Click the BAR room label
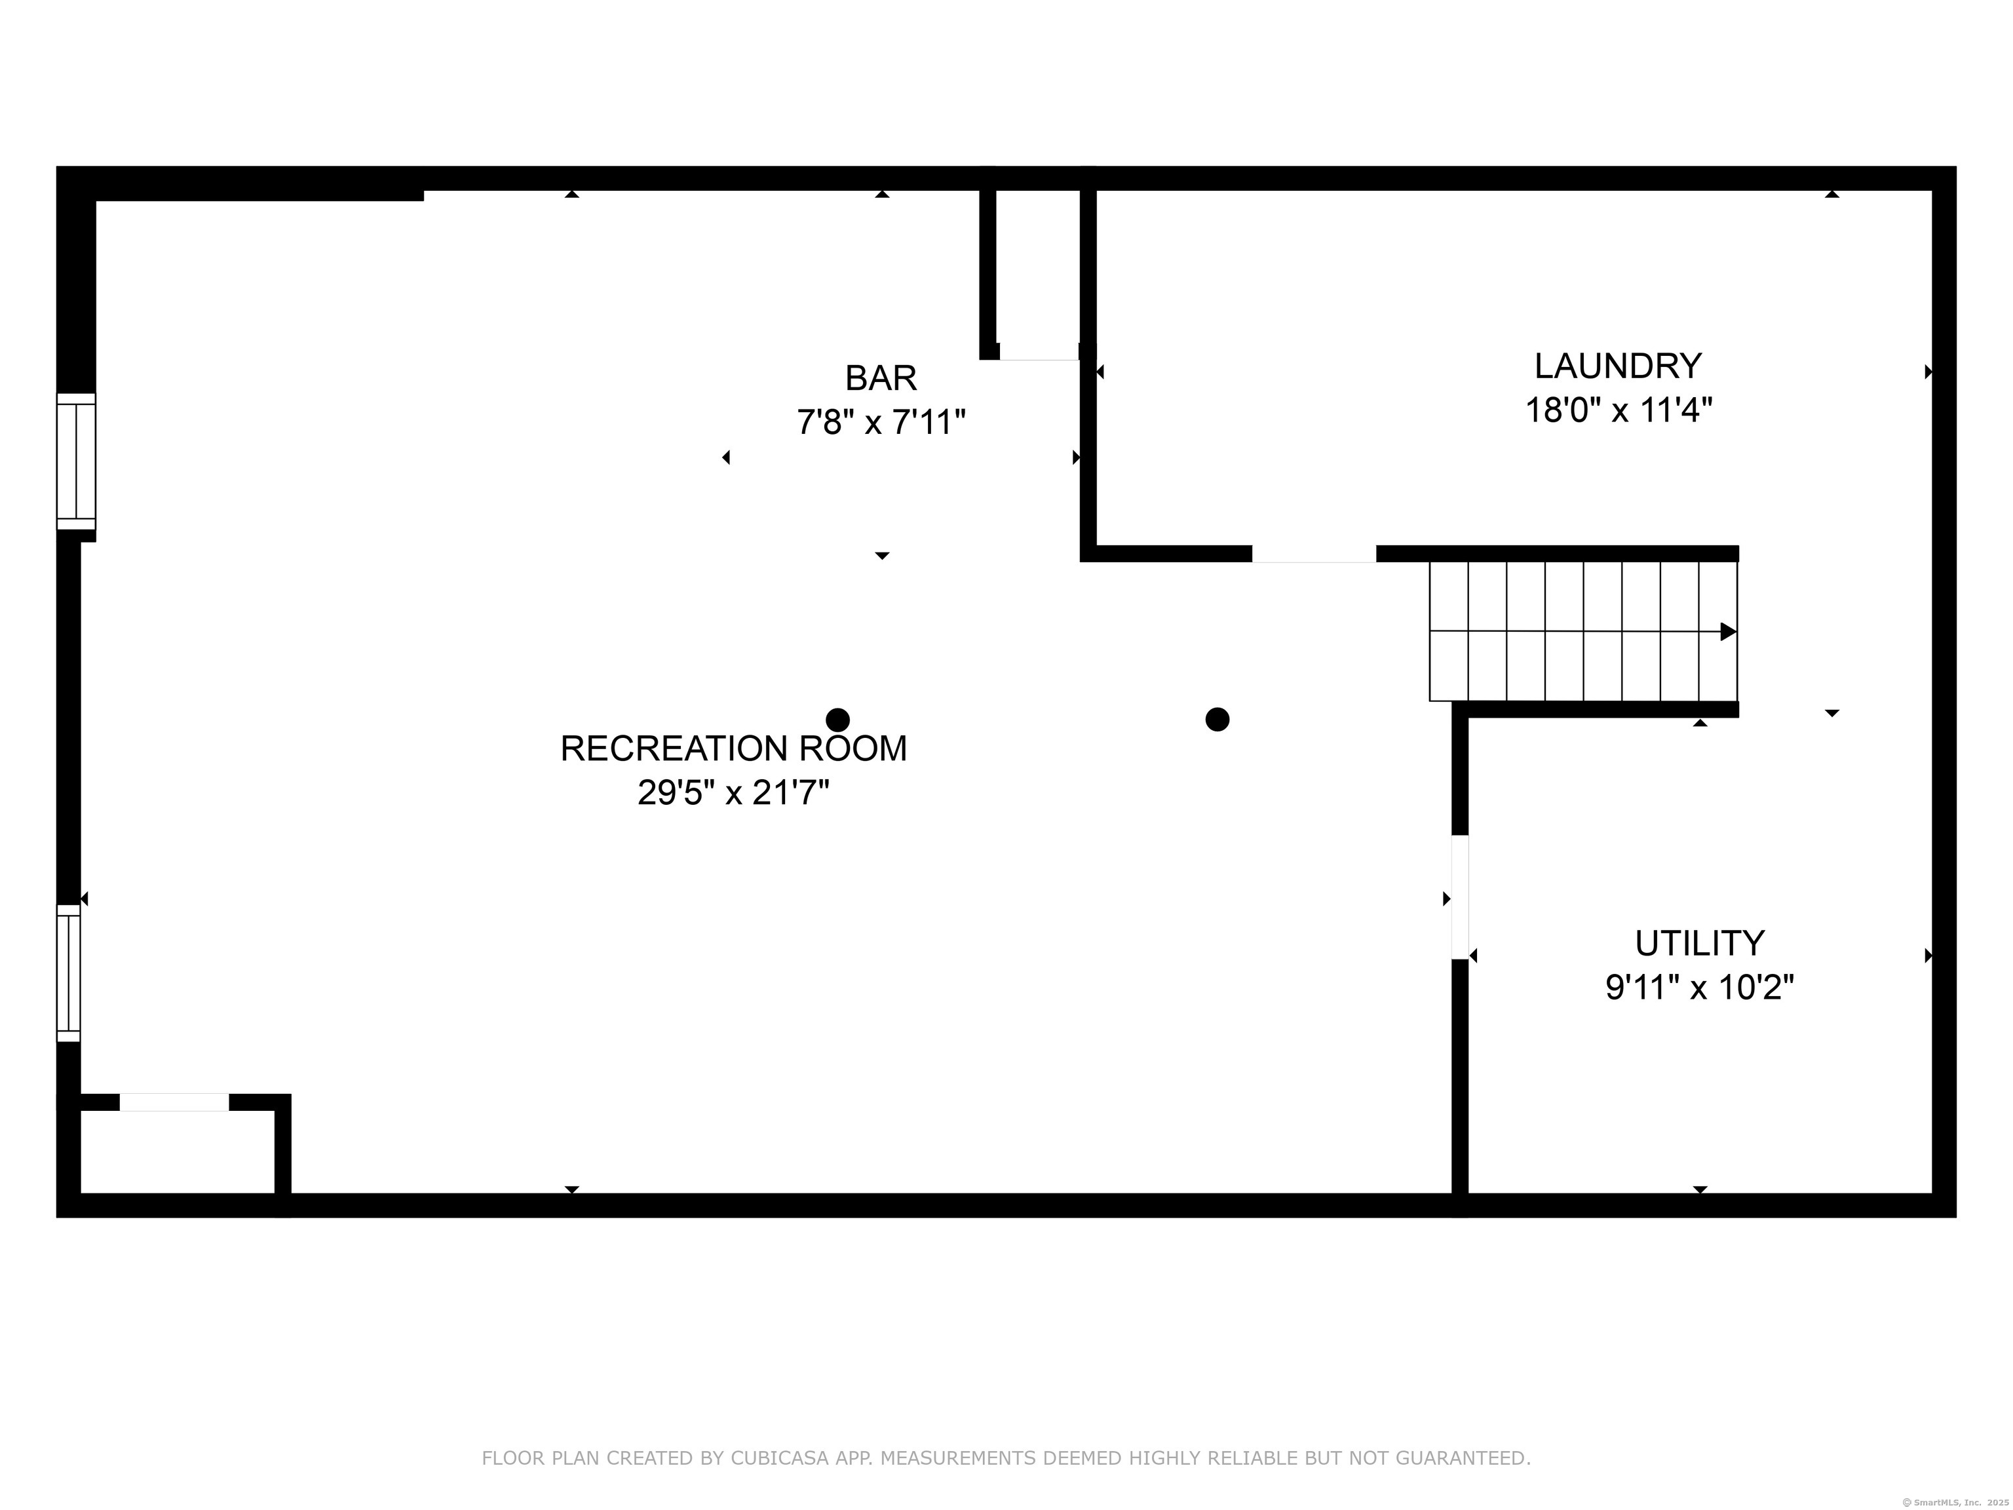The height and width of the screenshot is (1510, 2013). (880, 377)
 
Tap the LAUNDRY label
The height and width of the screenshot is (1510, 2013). (1617, 366)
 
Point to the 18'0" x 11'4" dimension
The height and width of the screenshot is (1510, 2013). (1618, 410)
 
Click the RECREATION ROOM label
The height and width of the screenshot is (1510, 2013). (733, 748)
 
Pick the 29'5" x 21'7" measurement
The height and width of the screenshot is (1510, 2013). (733, 793)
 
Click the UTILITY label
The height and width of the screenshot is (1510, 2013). (1699, 943)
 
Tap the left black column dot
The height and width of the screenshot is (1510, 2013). (837, 720)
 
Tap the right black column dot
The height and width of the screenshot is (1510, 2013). (1217, 720)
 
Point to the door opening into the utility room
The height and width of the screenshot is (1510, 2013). (1459, 897)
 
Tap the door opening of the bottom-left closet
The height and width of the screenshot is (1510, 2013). (174, 1102)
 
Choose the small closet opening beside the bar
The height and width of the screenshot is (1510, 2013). (1039, 352)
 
